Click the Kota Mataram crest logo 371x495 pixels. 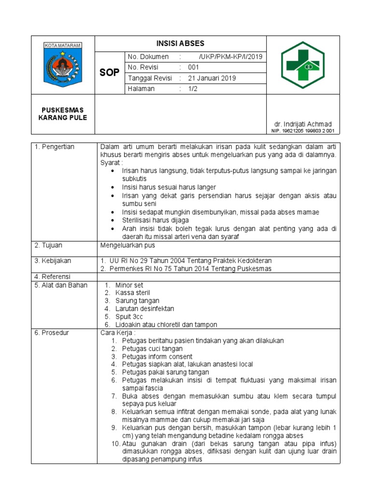pyautogui.click(x=63, y=65)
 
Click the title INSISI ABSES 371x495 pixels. pyautogui.click(x=180, y=44)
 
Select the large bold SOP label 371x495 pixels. pyautogui.click(x=109, y=73)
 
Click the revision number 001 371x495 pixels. pyautogui.click(x=194, y=68)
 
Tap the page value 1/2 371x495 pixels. pyautogui.click(x=193, y=89)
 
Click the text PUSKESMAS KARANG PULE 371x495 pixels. pyautogui.click(x=63, y=114)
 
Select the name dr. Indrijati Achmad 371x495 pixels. pyautogui.click(x=303, y=124)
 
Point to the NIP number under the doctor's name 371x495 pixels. pyautogui.click(x=303, y=131)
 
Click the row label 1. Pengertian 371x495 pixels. pyautogui.click(x=54, y=147)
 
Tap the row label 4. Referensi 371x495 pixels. pyautogui.click(x=53, y=277)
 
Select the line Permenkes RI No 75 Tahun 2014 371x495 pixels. pyautogui.click(x=186, y=269)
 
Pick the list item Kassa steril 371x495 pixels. pyautogui.click(x=132, y=293)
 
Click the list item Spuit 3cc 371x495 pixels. pyautogui.click(x=129, y=317)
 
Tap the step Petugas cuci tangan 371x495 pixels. pyautogui.click(x=152, y=349)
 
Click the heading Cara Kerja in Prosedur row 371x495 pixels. pyautogui.click(x=118, y=333)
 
